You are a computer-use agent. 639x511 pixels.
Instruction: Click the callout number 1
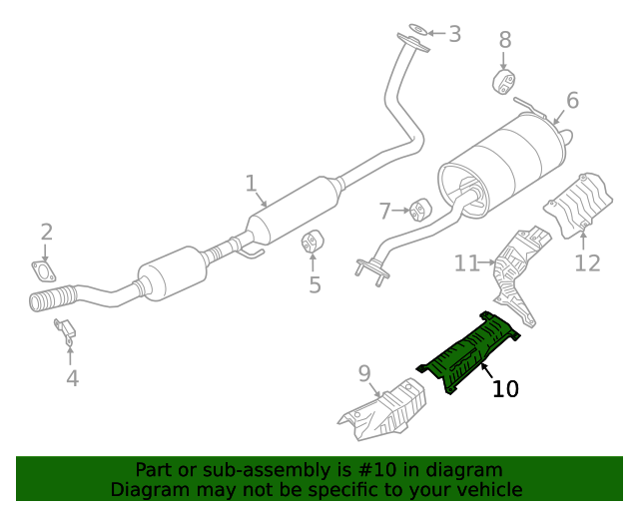(251, 183)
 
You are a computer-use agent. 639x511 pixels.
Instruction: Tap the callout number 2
(46, 233)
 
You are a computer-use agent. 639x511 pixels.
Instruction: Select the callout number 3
(454, 35)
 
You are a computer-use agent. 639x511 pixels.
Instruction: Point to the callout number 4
(72, 377)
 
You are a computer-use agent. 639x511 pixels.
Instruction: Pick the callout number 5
(315, 285)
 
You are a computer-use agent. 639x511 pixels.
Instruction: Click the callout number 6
(572, 101)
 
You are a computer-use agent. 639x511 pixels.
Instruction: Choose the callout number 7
(385, 211)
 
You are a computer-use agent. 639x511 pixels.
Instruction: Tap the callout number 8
(505, 40)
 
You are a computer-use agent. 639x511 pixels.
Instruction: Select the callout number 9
(364, 373)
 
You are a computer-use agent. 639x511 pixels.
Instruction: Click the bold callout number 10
(505, 388)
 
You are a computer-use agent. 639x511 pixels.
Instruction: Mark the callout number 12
(587, 262)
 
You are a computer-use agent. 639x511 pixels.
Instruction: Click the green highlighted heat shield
(469, 349)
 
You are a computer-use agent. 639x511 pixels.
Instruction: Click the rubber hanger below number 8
(505, 81)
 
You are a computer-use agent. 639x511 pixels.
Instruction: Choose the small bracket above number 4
(66, 328)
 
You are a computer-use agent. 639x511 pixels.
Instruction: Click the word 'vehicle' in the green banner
(486, 489)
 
